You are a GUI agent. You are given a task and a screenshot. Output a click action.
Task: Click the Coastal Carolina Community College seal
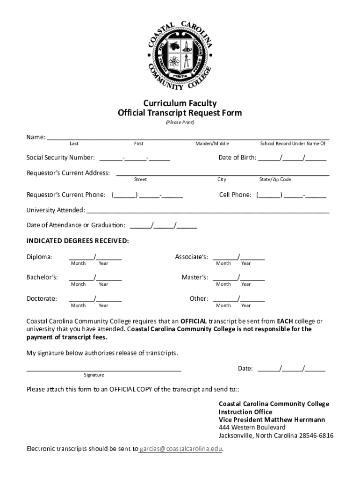coord(180,55)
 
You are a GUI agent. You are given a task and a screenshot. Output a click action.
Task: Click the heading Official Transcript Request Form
coord(180,113)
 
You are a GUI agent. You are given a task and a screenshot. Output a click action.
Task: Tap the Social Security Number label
coord(61,158)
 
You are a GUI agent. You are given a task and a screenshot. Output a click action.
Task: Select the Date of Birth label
coord(237,158)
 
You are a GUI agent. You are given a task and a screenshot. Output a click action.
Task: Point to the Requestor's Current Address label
coord(68,173)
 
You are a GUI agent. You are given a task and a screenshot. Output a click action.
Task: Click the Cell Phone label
coord(235,195)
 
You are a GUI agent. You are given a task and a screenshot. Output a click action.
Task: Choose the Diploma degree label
coord(39,257)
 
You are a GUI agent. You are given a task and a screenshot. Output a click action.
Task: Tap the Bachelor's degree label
coord(42,277)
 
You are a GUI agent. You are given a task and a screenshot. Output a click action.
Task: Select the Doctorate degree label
coord(42,298)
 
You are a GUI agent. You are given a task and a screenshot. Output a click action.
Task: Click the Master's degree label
coord(195,277)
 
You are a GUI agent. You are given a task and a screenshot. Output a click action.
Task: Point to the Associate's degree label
coord(192,257)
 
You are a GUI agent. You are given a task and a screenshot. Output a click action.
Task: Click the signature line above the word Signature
coord(104,370)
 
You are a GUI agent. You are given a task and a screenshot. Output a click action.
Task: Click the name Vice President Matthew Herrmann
coord(272,420)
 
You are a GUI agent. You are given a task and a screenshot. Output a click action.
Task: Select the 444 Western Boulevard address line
coord(252,428)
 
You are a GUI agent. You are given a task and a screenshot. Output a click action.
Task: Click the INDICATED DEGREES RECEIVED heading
coord(78,241)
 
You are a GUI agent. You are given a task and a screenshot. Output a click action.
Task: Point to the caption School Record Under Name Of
coord(293,144)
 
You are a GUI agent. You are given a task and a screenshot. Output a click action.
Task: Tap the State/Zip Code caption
coord(275,180)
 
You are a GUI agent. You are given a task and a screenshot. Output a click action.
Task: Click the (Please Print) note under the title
coord(180,123)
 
